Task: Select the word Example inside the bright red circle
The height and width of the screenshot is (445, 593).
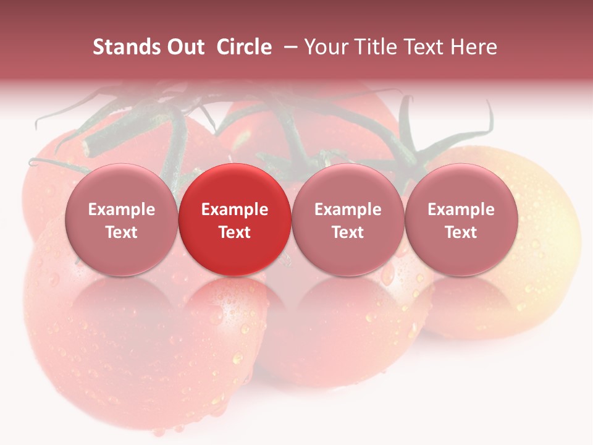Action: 235,210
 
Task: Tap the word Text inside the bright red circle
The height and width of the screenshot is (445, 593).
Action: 235,232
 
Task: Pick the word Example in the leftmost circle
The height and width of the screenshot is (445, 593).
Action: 121,210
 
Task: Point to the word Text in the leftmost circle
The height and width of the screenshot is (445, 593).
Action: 121,232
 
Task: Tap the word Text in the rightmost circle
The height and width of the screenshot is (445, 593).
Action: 461,232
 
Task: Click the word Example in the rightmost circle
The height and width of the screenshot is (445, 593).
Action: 461,210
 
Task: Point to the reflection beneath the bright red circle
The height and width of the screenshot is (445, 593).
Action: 235,309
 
